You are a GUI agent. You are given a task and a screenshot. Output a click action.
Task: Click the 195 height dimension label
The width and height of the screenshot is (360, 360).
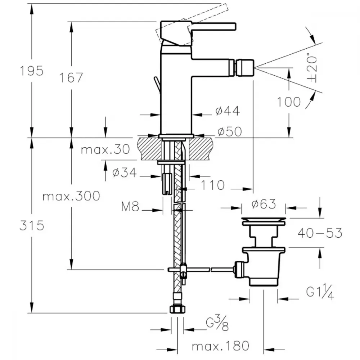(32, 71)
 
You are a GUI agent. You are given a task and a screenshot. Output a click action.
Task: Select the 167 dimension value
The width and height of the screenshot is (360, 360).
(71, 78)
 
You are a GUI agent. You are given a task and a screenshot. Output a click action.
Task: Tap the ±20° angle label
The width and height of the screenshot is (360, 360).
(312, 68)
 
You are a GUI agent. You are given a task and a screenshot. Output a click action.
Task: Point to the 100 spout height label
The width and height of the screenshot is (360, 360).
(289, 102)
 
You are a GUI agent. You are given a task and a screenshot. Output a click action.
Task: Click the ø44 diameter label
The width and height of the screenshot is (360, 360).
(228, 111)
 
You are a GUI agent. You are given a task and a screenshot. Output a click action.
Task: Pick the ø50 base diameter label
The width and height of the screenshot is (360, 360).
(230, 131)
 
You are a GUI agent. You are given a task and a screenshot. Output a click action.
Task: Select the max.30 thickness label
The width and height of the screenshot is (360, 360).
(105, 149)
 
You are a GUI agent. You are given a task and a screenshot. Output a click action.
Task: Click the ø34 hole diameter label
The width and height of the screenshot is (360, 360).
(125, 172)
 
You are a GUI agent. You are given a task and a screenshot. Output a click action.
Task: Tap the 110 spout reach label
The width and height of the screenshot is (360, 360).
(213, 185)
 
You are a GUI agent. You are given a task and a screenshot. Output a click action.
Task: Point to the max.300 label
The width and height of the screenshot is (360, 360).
(71, 196)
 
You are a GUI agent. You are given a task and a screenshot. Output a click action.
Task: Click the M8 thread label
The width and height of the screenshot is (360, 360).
(130, 207)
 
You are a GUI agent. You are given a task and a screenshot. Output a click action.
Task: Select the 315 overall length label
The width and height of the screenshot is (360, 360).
(32, 225)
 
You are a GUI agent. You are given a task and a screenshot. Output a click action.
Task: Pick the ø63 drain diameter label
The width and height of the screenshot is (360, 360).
(264, 204)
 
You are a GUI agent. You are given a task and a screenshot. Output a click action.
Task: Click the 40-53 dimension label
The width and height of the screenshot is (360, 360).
(320, 233)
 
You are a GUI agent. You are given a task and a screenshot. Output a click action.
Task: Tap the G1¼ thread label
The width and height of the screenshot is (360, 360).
(320, 292)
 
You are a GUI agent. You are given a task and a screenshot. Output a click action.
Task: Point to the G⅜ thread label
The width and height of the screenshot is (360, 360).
(217, 323)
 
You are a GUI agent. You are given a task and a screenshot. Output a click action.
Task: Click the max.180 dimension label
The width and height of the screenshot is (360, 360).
(220, 346)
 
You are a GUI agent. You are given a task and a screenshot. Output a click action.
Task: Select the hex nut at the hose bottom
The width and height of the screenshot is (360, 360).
(177, 309)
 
